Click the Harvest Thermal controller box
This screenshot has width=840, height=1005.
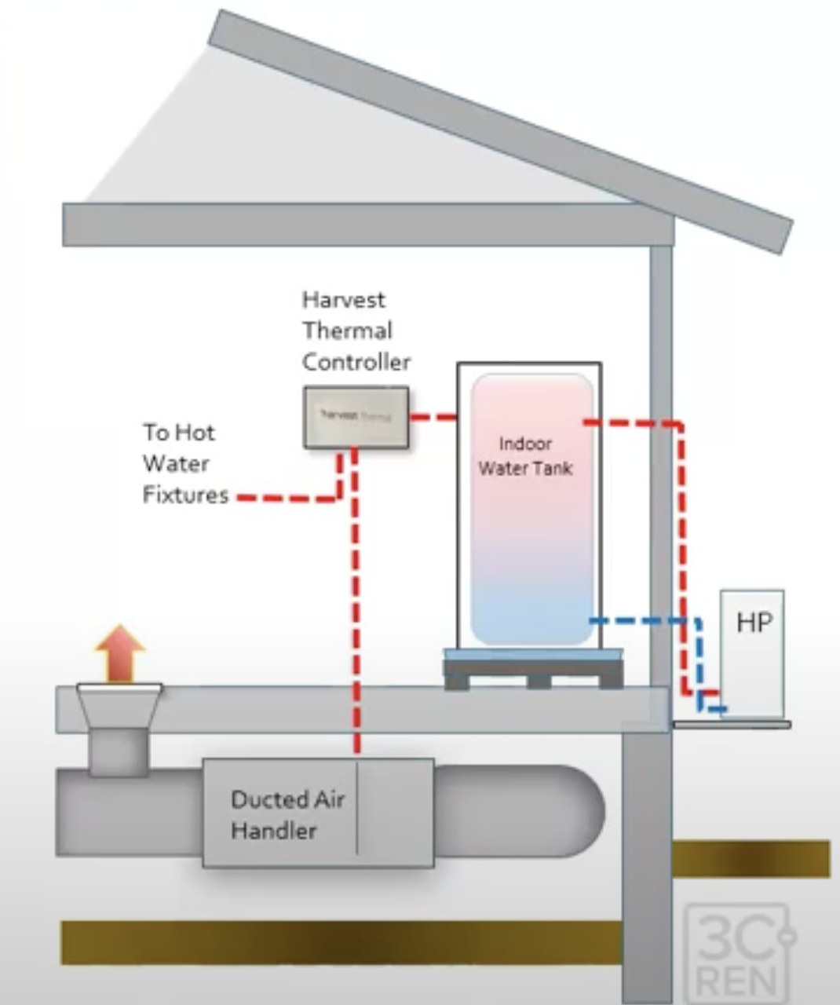[356, 418]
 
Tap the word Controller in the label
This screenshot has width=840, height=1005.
[356, 362]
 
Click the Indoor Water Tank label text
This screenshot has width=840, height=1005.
[525, 456]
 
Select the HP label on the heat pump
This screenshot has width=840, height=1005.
[754, 623]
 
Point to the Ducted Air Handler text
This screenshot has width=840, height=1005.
[287, 815]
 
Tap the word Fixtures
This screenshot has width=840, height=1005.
[185, 495]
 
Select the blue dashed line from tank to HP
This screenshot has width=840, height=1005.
[644, 620]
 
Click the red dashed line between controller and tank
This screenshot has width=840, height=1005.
[433, 417]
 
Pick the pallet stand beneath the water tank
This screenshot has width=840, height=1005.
[533, 672]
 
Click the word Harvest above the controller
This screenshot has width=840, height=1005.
[344, 300]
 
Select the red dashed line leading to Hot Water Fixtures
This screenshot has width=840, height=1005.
[287, 498]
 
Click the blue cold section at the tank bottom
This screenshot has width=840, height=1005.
[531, 620]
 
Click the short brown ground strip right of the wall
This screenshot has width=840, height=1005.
[751, 858]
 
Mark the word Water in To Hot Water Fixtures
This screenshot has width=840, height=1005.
[176, 464]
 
